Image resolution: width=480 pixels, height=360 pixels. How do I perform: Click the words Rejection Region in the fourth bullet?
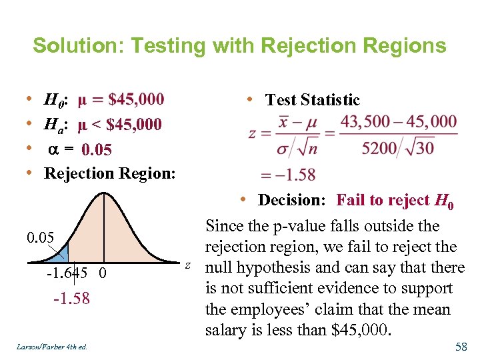pyautogui.click(x=109, y=173)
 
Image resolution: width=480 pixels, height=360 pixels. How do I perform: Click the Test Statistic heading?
pyautogui.click(x=312, y=101)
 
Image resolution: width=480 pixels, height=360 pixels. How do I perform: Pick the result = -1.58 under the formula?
pyautogui.click(x=287, y=175)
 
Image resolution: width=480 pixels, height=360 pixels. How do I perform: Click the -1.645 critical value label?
pyautogui.click(x=66, y=274)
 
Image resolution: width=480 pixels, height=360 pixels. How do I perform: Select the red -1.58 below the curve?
pyautogui.click(x=71, y=298)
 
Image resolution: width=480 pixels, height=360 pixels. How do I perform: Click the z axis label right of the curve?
pyautogui.click(x=188, y=266)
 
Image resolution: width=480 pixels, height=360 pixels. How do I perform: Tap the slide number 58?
pyautogui.click(x=461, y=347)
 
